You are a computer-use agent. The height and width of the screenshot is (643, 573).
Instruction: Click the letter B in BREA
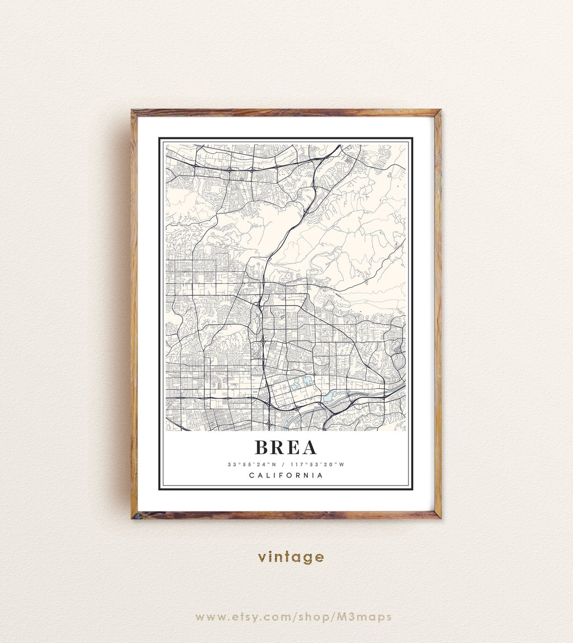[262, 447]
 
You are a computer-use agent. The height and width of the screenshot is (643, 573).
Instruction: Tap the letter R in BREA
[279, 447]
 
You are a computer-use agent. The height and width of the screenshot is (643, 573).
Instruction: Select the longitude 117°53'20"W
[317, 465]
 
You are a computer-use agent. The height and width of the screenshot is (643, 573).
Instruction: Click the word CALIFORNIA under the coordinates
[286, 475]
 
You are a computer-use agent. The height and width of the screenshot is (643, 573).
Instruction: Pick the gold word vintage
[291, 557]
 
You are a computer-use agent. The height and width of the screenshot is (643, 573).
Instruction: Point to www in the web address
[208, 617]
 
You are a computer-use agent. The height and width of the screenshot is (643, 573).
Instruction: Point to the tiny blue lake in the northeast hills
[389, 173]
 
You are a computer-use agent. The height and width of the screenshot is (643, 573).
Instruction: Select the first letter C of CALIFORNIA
[251, 475]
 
